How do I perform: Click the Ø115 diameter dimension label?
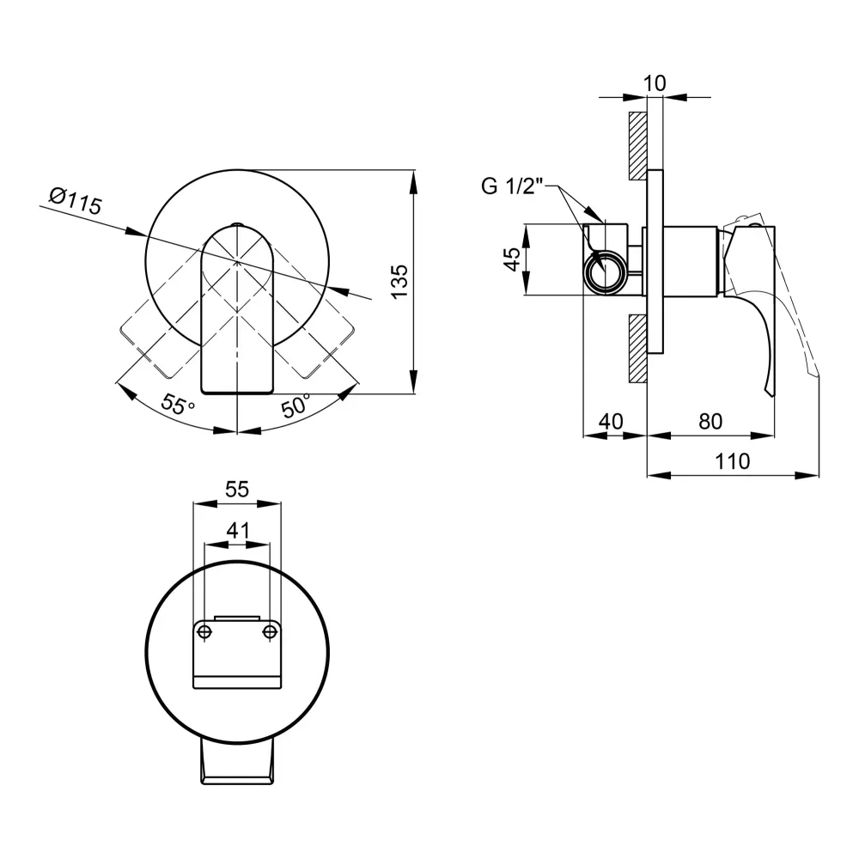[x=76, y=202]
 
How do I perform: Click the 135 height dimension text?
[x=400, y=282]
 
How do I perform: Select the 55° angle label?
[x=178, y=405]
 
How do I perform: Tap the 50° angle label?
[x=295, y=405]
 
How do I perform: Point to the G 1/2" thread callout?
[x=512, y=186]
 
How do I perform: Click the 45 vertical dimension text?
[x=512, y=259]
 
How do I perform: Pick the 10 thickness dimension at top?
[x=654, y=83]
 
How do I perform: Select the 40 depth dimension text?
[x=611, y=421]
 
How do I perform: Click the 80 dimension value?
[x=710, y=421]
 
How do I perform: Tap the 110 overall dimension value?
[x=733, y=461]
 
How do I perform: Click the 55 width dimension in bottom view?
[x=237, y=489]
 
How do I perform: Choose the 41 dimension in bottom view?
[x=238, y=530]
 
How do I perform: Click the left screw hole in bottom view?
[x=204, y=631]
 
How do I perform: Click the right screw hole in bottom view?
[x=270, y=631]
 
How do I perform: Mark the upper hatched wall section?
[x=637, y=146]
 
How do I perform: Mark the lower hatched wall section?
[x=637, y=349]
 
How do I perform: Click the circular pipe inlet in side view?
[x=606, y=272]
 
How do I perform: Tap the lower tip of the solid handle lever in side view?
[x=771, y=395]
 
